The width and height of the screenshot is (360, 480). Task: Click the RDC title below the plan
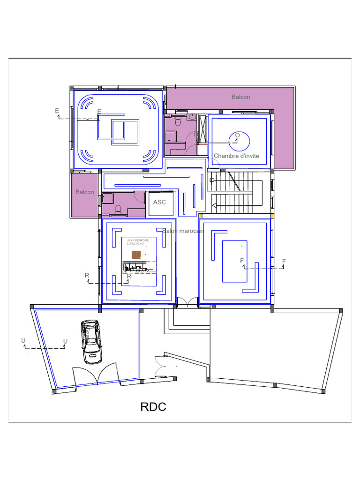coord(153,407)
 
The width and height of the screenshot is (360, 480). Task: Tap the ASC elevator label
coord(159,202)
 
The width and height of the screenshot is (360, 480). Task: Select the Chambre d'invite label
coord(236,156)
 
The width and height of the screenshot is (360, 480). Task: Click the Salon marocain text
coord(183,231)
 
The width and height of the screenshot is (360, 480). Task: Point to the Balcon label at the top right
coord(240,97)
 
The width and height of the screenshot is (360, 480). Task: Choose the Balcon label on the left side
coord(84,192)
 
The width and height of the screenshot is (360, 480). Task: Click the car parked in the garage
coord(91,342)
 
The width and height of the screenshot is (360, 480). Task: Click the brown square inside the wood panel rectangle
coord(136,255)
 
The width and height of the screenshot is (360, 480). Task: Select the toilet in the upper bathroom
coord(178,121)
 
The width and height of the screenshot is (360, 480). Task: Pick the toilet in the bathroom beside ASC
coord(118,209)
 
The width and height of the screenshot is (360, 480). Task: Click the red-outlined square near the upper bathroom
coord(202,150)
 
